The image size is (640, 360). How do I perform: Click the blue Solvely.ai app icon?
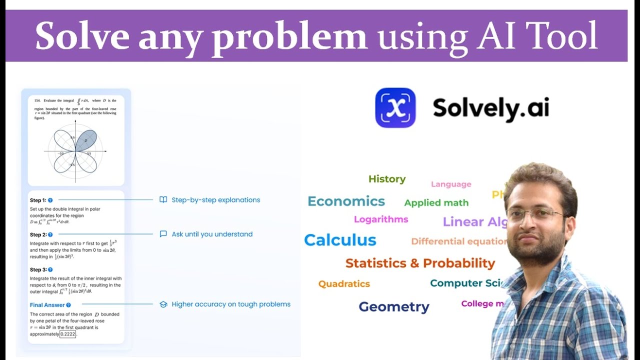[x=395, y=107]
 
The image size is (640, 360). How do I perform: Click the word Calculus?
[x=340, y=240]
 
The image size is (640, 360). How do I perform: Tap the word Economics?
[x=346, y=201]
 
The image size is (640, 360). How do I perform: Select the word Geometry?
[x=394, y=306]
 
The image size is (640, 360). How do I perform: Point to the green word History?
[x=387, y=179]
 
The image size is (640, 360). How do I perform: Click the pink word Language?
[x=451, y=184]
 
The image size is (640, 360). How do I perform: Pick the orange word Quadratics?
[x=344, y=284]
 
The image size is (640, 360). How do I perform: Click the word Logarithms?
[x=381, y=219]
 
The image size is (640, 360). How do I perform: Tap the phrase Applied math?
[x=436, y=203]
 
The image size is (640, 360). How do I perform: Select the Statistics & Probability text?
[x=420, y=263]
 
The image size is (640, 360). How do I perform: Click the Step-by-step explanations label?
[x=215, y=200]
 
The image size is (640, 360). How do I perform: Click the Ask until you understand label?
[x=212, y=234]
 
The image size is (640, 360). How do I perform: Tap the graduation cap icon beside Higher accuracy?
[x=163, y=304]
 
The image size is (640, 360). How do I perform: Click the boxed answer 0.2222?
[x=68, y=334]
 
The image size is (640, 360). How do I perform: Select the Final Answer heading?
[x=47, y=305]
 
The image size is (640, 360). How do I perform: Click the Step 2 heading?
[x=38, y=234]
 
